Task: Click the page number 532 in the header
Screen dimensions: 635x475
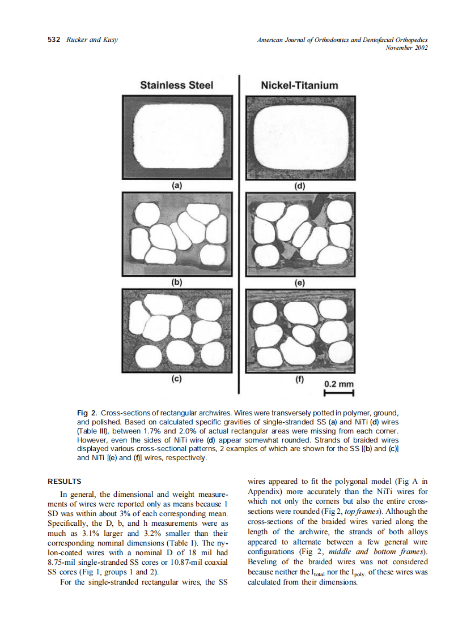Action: [54, 40]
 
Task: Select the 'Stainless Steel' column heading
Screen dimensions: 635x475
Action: [176, 85]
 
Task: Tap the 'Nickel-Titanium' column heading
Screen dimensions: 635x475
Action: [299, 85]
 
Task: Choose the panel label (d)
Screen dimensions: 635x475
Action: [299, 185]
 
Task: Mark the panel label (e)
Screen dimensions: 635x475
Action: [299, 282]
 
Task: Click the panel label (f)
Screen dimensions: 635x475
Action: [299, 380]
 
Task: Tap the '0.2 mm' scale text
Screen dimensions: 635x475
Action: [338, 384]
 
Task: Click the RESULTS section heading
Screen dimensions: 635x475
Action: [65, 482]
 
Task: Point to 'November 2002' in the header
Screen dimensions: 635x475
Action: [406, 48]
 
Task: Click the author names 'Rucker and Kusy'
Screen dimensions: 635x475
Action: [92, 40]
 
